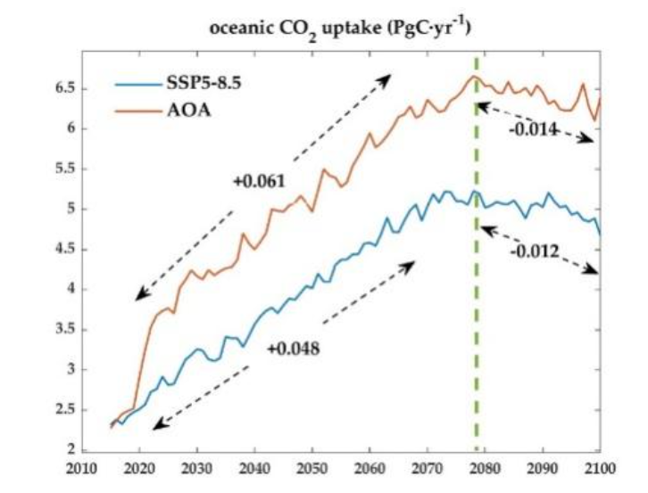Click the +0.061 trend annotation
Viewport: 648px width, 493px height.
(259, 182)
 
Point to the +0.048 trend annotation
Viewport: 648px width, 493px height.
(293, 348)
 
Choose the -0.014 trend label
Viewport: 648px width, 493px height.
(534, 130)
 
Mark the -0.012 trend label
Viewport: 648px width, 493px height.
(535, 251)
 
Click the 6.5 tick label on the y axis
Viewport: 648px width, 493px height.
(66, 89)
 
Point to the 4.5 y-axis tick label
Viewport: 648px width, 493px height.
(66, 250)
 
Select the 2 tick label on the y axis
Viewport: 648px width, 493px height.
(71, 449)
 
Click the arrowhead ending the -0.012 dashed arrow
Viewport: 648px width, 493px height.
(594, 272)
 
